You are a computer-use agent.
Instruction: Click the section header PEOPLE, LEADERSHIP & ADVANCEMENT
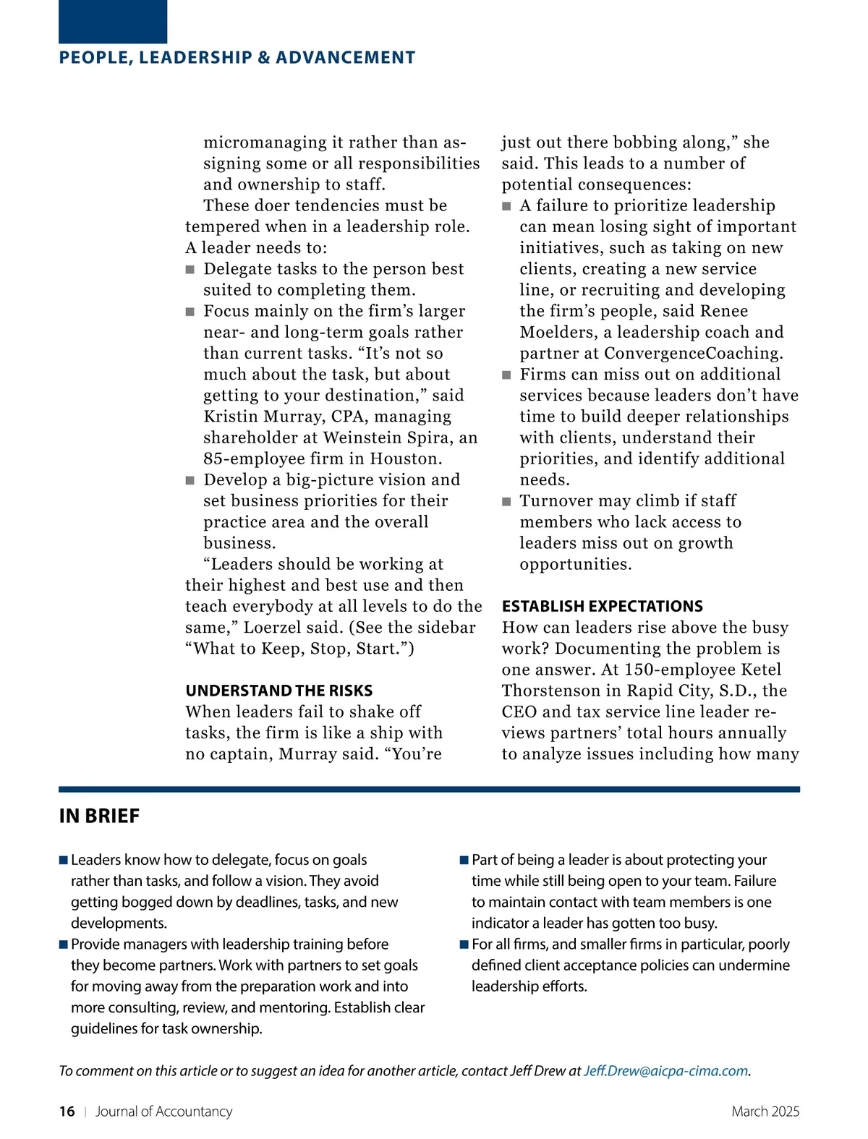point(237,58)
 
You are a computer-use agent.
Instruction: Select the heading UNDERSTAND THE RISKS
point(279,691)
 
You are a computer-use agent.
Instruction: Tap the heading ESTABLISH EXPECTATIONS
point(602,606)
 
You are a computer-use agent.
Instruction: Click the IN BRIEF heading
point(99,816)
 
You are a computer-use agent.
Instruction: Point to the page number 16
point(67,1112)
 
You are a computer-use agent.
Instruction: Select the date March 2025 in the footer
point(765,1112)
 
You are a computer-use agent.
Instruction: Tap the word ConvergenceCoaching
point(693,354)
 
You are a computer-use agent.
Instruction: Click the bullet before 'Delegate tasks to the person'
point(190,270)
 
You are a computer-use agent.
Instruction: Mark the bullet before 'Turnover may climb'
point(506,502)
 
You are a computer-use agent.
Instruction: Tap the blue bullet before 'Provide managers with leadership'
point(64,944)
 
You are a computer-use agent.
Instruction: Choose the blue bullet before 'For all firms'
point(464,944)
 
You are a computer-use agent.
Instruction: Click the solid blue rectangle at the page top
point(113,22)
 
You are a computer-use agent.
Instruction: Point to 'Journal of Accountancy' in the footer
point(163,1112)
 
